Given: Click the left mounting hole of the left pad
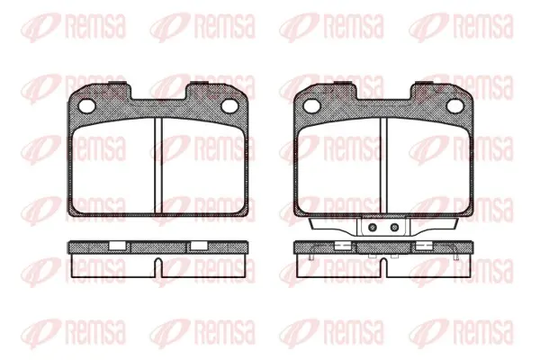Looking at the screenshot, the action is pos(86,106).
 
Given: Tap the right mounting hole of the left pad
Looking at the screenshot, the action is pos(229,106).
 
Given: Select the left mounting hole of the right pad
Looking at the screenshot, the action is pos(312,106).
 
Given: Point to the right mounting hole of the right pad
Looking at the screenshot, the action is pos(454,106).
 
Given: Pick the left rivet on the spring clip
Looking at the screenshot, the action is pos(372,228).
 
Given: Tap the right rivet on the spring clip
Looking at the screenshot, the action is pos(395,228).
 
